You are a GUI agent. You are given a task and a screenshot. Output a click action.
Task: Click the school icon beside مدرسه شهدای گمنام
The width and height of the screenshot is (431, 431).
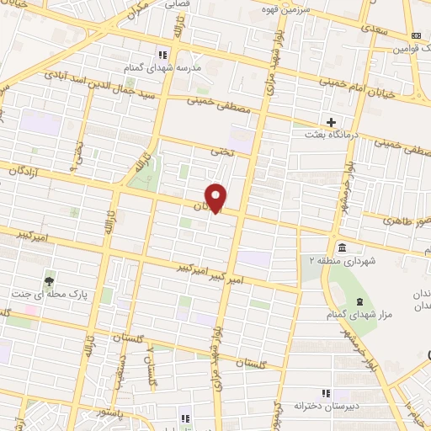tap(163, 56)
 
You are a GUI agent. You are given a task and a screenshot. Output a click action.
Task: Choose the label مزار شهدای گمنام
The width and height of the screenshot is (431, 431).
tap(356, 315)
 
